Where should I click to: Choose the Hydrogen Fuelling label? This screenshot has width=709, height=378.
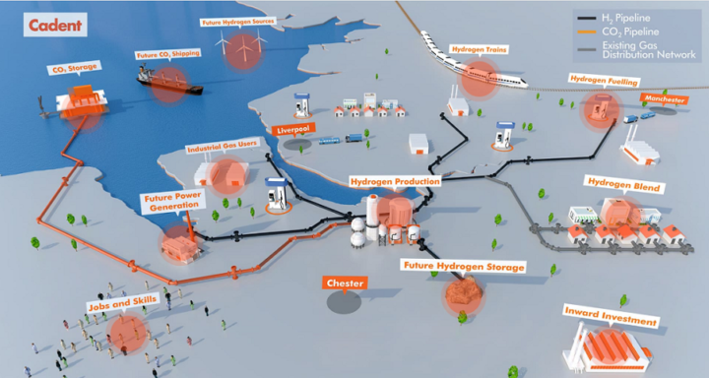point(597,78)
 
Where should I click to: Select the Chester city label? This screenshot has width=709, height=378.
point(346,283)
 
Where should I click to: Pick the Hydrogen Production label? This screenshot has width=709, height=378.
point(394,182)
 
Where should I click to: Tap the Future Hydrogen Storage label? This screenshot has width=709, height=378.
point(462,267)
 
